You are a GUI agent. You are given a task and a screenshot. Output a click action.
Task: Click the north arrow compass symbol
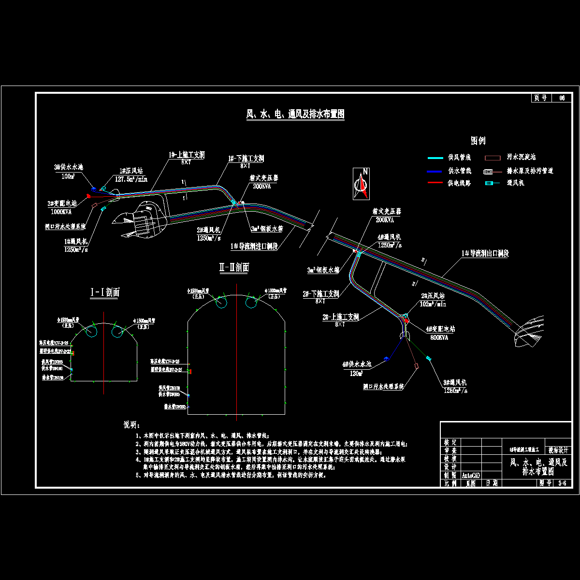pyautogui.click(x=361, y=183)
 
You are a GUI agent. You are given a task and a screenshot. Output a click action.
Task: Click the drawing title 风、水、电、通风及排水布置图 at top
pyautogui.click(x=295, y=115)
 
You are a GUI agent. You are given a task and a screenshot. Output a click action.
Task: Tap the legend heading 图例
pyautogui.click(x=478, y=141)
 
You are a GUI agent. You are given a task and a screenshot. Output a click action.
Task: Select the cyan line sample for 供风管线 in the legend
pyautogui.click(x=435, y=158)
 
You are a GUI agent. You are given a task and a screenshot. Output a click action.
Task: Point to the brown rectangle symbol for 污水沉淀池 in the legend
pyautogui.click(x=492, y=158)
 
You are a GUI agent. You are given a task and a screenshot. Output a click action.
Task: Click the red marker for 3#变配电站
pyautogui.click(x=89, y=196)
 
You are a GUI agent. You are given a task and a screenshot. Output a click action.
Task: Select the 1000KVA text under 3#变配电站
pyautogui.click(x=61, y=212)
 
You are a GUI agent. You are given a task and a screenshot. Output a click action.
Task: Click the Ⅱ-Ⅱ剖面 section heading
pyautogui.click(x=234, y=268)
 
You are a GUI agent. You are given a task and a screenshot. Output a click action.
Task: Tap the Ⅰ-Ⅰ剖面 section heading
pyautogui.click(x=105, y=292)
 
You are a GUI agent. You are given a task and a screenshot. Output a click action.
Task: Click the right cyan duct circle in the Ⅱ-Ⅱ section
pyautogui.click(x=252, y=302)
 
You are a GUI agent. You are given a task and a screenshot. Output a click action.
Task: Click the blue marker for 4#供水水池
pyautogui.click(x=386, y=359)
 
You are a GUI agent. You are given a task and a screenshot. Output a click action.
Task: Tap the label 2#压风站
pyautogui.click(x=432, y=296)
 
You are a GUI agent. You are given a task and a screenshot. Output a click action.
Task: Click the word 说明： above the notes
pyautogui.click(x=131, y=425)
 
